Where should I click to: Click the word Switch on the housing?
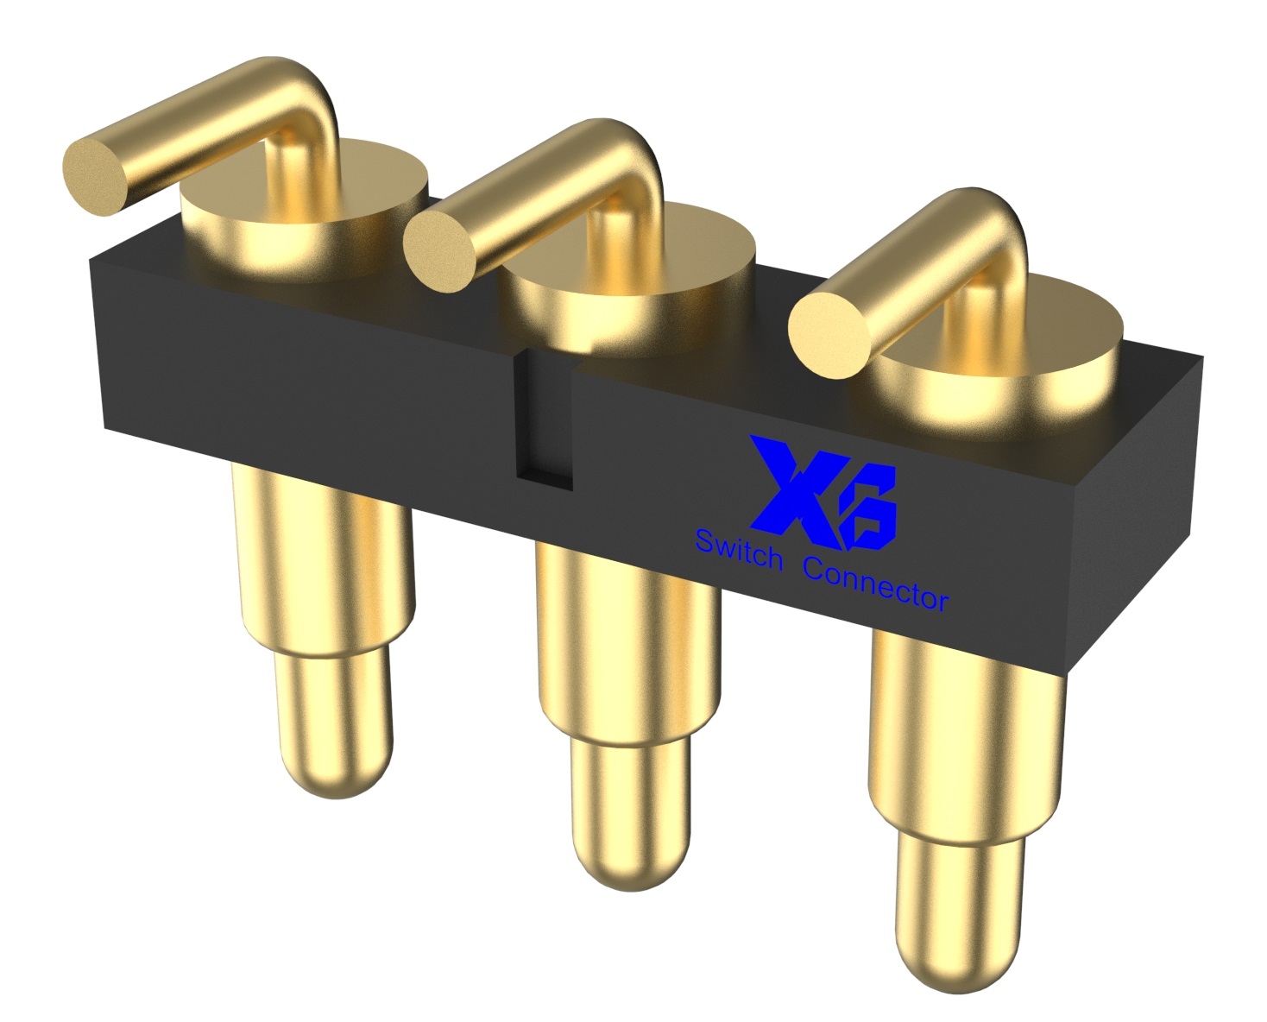tap(738, 550)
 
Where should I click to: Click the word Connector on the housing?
tap(875, 585)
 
